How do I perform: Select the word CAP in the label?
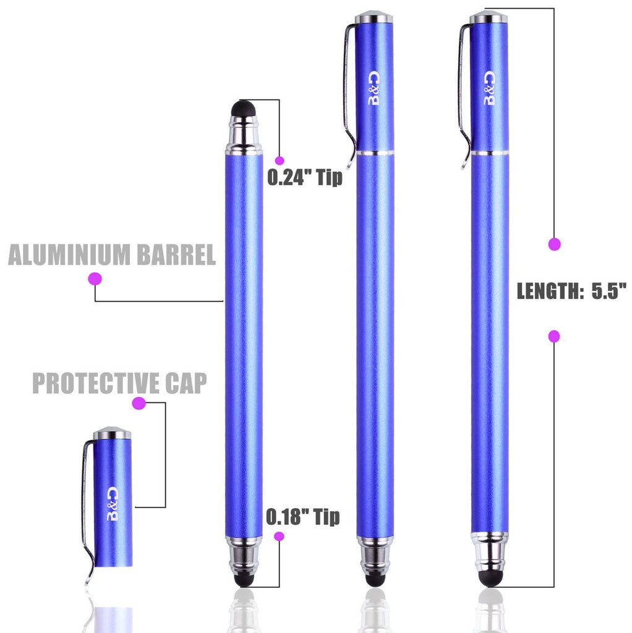(186, 383)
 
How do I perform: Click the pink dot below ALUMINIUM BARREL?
(95, 279)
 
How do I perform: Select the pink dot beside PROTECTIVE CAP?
(139, 403)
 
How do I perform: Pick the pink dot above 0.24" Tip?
(279, 160)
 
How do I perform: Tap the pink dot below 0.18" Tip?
(279, 537)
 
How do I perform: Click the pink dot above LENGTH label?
(555, 244)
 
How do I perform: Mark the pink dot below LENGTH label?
(554, 336)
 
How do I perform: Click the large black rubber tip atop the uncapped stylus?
(244, 109)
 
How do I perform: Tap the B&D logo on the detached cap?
(113, 504)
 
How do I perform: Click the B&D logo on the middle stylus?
(374, 88)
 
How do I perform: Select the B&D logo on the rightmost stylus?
(489, 88)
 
